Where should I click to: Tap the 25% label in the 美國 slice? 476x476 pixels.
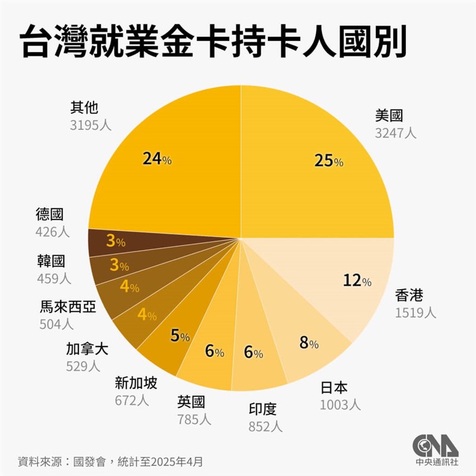pyautogui.click(x=329, y=160)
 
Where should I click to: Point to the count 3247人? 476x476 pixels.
pyautogui.click(x=396, y=133)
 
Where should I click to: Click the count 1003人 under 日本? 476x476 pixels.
pyautogui.click(x=340, y=405)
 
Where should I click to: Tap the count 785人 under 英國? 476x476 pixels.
pyautogui.click(x=194, y=419)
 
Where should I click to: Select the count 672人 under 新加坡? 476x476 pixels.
pyautogui.click(x=131, y=400)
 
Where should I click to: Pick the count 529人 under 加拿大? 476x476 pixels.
pyautogui.click(x=83, y=366)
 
